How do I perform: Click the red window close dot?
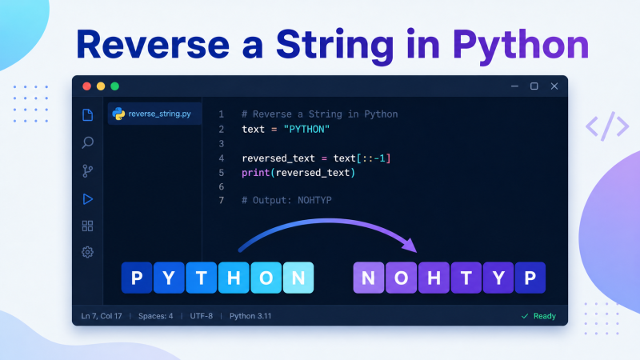click(86, 86)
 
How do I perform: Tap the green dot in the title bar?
click(114, 86)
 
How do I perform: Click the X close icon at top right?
click(554, 86)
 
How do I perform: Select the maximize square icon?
click(534, 86)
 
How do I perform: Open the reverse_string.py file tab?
click(154, 114)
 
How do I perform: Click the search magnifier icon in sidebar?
click(87, 142)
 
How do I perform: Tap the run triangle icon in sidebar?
click(88, 198)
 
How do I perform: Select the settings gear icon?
click(87, 252)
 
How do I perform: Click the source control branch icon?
click(87, 170)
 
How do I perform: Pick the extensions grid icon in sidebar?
click(87, 226)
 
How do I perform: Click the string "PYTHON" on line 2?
click(306, 130)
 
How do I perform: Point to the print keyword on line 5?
click(255, 173)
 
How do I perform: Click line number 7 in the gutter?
click(222, 201)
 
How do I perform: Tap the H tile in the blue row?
click(234, 278)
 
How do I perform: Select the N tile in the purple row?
click(369, 278)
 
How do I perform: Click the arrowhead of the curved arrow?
click(410, 245)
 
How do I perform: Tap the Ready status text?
click(545, 316)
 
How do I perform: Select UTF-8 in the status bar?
click(202, 316)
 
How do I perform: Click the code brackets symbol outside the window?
click(607, 126)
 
